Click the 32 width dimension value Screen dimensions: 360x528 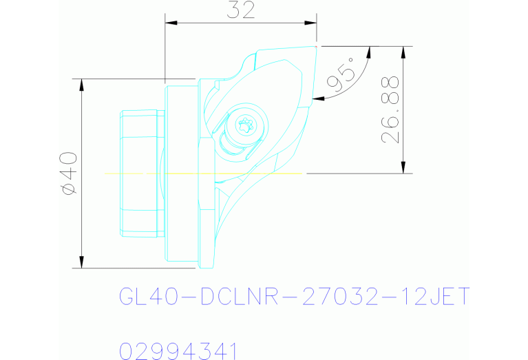pos(240,10)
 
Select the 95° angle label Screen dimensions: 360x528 pos(343,75)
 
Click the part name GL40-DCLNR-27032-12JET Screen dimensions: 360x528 pos(294,297)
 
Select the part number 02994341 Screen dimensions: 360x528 pos(178,350)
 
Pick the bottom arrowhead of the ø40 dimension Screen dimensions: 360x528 pos(82,262)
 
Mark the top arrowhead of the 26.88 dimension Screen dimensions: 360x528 pos(403,52)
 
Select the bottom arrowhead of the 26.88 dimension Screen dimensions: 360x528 pos(403,167)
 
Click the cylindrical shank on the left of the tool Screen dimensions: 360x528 pos(140,173)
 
